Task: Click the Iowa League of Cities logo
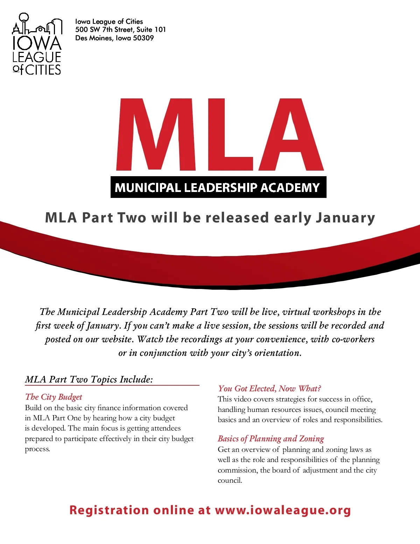point(37,44)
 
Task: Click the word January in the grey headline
point(345,218)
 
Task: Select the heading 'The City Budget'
point(54,397)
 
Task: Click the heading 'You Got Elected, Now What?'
point(269,388)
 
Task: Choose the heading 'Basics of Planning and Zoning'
point(271,439)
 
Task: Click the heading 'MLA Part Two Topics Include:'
point(89,379)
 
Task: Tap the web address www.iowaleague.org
point(283,510)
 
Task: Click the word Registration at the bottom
point(109,510)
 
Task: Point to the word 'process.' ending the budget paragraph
point(37,449)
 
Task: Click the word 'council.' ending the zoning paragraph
point(230,480)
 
